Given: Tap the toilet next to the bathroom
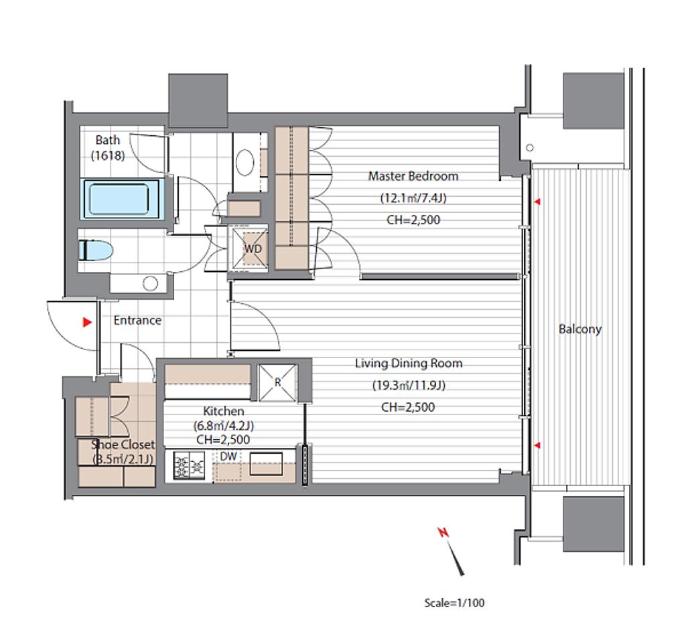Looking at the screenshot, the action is tap(96, 250).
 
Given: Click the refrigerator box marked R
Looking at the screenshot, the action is tap(277, 382).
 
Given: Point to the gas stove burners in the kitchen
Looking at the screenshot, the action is tap(189, 465).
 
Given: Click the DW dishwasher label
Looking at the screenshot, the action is tap(228, 457).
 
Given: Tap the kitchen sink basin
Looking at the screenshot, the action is tap(266, 464).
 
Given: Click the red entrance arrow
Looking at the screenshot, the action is tap(88, 322).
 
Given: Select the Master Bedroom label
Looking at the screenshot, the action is tap(413, 176).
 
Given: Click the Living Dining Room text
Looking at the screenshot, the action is tap(409, 364).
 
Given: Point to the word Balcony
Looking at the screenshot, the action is tap(580, 329).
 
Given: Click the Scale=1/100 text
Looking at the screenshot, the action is tap(455, 603).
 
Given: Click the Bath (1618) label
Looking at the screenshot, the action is tap(108, 147).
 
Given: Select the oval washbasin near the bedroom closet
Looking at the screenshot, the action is tap(245, 162).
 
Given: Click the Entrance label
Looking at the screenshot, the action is tap(137, 320).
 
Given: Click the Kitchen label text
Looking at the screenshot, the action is tap(224, 411).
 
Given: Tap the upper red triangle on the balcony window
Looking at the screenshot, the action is tap(537, 202).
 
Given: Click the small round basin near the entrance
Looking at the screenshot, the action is tap(151, 284).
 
